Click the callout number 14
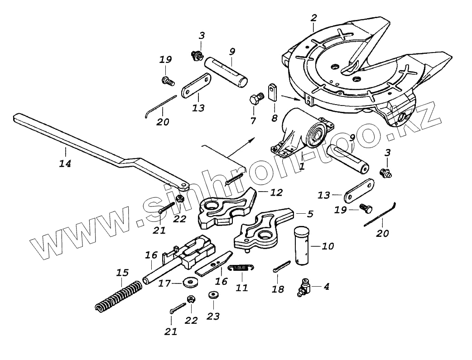point(65,163)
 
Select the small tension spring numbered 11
point(240,268)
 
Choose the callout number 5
point(310,213)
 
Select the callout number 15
point(122,273)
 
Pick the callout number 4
point(326,286)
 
